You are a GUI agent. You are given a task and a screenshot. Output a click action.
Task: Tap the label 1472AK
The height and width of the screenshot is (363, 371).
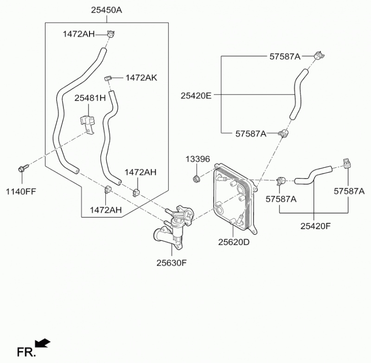tap(141, 77)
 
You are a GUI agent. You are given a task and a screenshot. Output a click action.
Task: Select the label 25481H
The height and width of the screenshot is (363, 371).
tap(90, 98)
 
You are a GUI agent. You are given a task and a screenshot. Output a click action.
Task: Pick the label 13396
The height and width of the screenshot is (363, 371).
tap(198, 159)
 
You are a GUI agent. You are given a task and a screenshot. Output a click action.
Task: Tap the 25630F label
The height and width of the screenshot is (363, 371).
tap(171, 262)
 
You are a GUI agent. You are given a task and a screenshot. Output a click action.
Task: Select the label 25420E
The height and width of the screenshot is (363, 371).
tap(196, 96)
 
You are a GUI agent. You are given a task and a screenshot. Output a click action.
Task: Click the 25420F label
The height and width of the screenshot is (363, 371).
tap(315, 226)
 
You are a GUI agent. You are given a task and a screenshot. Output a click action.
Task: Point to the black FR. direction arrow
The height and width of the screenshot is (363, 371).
tap(43, 344)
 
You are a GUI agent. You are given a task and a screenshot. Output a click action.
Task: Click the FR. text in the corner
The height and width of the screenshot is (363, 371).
tap(26, 352)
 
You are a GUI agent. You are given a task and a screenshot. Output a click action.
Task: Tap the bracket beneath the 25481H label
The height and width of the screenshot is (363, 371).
tap(87, 122)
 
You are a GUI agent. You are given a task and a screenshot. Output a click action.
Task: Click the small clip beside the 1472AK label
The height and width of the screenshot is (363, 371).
tap(108, 77)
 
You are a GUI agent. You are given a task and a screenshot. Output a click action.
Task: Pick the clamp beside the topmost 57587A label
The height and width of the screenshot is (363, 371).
tap(318, 55)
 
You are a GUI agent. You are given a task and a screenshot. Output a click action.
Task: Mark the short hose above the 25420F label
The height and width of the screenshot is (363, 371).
tap(313, 173)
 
